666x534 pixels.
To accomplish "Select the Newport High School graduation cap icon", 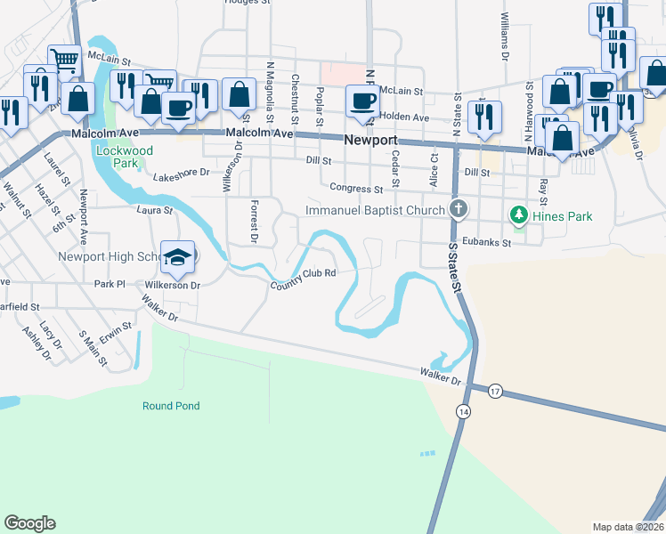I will coord(177,257).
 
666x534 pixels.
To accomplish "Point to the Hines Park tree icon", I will coord(517,215).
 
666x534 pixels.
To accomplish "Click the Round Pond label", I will coord(171,406).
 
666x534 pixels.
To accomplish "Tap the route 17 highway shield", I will coord(495,390).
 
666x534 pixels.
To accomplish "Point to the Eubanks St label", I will coord(488,242).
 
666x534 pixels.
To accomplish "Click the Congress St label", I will coord(355,189).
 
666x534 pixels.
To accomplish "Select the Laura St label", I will coord(154,211).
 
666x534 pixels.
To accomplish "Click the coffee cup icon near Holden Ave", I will coord(361,102).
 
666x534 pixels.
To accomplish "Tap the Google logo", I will coord(29,523).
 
